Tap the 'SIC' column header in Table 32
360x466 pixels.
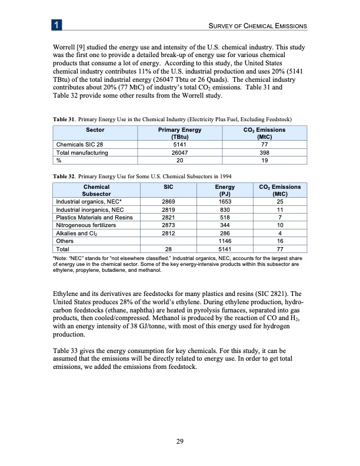[167, 187]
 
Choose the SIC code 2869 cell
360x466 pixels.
[167, 201]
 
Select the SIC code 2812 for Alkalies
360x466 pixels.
[167, 232]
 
